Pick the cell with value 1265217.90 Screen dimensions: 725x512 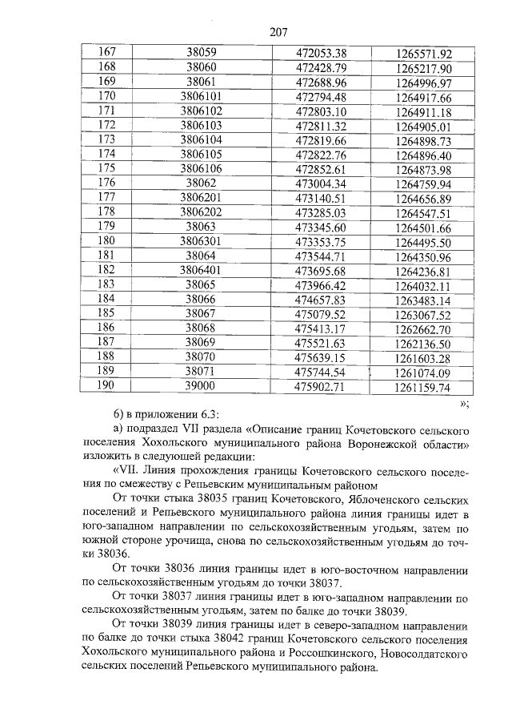pyautogui.click(x=423, y=69)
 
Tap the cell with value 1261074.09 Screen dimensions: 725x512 pyautogui.click(x=423, y=372)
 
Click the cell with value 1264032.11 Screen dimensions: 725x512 pyautogui.click(x=423, y=285)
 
